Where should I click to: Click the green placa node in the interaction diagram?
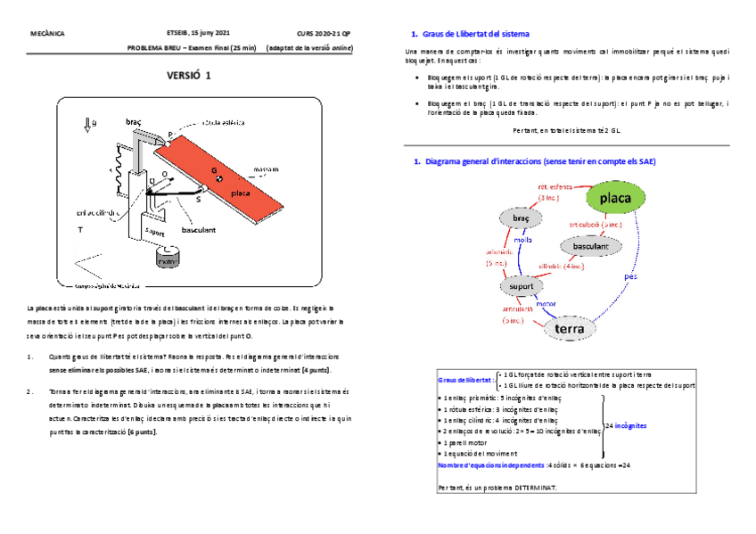click(x=615, y=197)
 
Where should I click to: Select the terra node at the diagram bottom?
click(x=569, y=329)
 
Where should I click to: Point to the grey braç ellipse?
click(x=522, y=218)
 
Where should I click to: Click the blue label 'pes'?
click(x=631, y=276)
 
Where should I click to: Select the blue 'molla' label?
click(x=522, y=241)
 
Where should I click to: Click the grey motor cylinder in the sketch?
click(x=166, y=257)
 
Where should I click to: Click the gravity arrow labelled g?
click(x=88, y=126)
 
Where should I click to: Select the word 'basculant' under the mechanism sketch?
click(x=198, y=229)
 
